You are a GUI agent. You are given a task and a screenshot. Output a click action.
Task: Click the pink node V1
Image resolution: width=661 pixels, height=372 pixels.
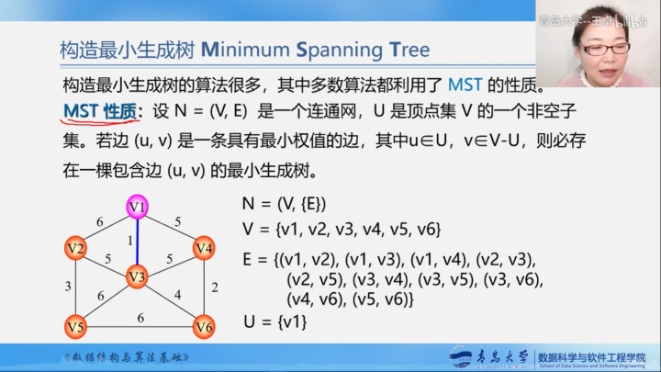tap(138, 207)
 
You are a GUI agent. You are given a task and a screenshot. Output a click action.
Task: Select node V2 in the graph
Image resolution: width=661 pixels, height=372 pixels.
tap(74, 248)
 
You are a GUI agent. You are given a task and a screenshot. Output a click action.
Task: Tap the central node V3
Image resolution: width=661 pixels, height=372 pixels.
tap(138, 275)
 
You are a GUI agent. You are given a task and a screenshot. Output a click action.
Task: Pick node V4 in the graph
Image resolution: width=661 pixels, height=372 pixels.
tap(204, 248)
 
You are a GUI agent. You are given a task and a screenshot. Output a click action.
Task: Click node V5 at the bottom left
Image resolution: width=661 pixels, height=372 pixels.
tap(74, 326)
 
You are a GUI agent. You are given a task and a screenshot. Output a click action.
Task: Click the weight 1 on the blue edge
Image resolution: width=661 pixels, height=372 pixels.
tap(130, 241)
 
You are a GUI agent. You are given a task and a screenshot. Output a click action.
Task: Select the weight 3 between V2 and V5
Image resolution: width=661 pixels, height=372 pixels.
tap(67, 287)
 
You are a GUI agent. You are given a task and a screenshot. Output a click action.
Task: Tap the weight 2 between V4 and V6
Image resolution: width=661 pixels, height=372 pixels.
tap(214, 287)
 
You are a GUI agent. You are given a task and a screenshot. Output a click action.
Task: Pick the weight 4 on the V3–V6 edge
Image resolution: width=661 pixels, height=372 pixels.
tap(177, 295)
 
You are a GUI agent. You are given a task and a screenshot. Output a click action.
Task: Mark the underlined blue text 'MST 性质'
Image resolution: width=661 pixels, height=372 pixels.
tap(99, 111)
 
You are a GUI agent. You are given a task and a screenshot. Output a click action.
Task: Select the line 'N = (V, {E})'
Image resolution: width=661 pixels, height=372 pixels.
tap(284, 203)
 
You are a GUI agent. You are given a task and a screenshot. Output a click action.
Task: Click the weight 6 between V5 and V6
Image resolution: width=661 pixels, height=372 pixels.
tap(140, 318)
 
